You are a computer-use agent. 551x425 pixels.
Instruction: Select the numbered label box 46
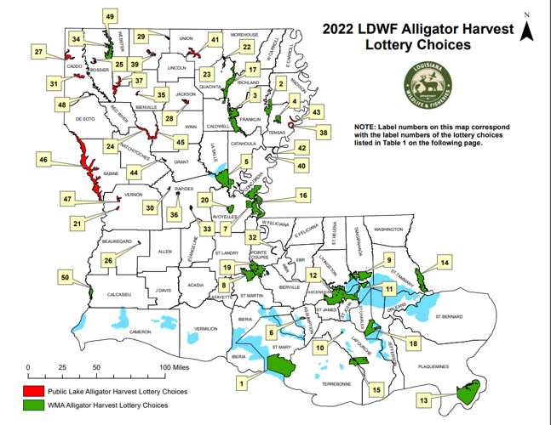pyautogui.click(x=43, y=159)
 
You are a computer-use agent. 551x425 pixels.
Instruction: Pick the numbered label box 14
pyautogui.click(x=445, y=263)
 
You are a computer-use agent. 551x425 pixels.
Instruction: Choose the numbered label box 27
pyautogui.click(x=39, y=53)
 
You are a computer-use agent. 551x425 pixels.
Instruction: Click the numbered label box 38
pyautogui.click(x=323, y=133)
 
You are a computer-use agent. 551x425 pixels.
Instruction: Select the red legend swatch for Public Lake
pyautogui.click(x=33, y=392)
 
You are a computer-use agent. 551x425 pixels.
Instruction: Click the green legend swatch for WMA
pyautogui.click(x=33, y=405)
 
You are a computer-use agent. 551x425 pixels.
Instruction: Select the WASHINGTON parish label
pyautogui.click(x=387, y=229)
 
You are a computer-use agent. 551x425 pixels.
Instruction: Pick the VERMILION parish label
pyautogui.click(x=205, y=328)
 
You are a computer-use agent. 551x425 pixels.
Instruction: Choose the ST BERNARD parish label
pyautogui.click(x=448, y=317)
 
